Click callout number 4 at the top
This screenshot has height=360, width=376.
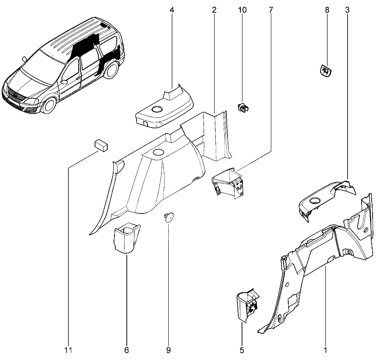172,9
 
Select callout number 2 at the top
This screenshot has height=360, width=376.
214,9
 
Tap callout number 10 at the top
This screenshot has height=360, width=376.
242,9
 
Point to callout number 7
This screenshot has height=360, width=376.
270,9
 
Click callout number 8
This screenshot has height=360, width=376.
327,9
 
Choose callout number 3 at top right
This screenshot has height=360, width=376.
347,9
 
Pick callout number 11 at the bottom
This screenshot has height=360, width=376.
69,351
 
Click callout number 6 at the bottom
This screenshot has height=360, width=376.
126,351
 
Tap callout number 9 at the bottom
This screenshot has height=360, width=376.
168,351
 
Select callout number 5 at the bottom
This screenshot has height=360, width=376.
242,351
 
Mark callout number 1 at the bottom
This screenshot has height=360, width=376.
325,351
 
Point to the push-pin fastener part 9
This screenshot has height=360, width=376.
168,217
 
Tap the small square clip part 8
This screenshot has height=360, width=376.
325,71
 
